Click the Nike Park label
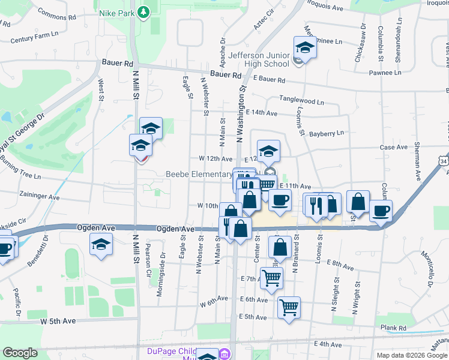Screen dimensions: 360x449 point(115,12)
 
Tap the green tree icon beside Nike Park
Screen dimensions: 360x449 point(143,12)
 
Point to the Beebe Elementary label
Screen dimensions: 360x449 point(199,175)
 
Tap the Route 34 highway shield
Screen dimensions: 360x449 point(444,161)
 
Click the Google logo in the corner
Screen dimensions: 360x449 point(20,353)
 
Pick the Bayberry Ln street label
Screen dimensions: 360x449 point(327,133)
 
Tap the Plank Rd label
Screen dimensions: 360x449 point(393,328)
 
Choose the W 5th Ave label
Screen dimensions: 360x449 point(58,321)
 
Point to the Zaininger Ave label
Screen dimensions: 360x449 point(39,197)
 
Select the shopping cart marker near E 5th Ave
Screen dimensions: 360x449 point(289,307)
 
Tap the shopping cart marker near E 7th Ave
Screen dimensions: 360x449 point(271,278)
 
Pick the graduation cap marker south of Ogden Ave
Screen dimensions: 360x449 point(101,244)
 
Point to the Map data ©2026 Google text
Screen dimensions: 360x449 point(411,355)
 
